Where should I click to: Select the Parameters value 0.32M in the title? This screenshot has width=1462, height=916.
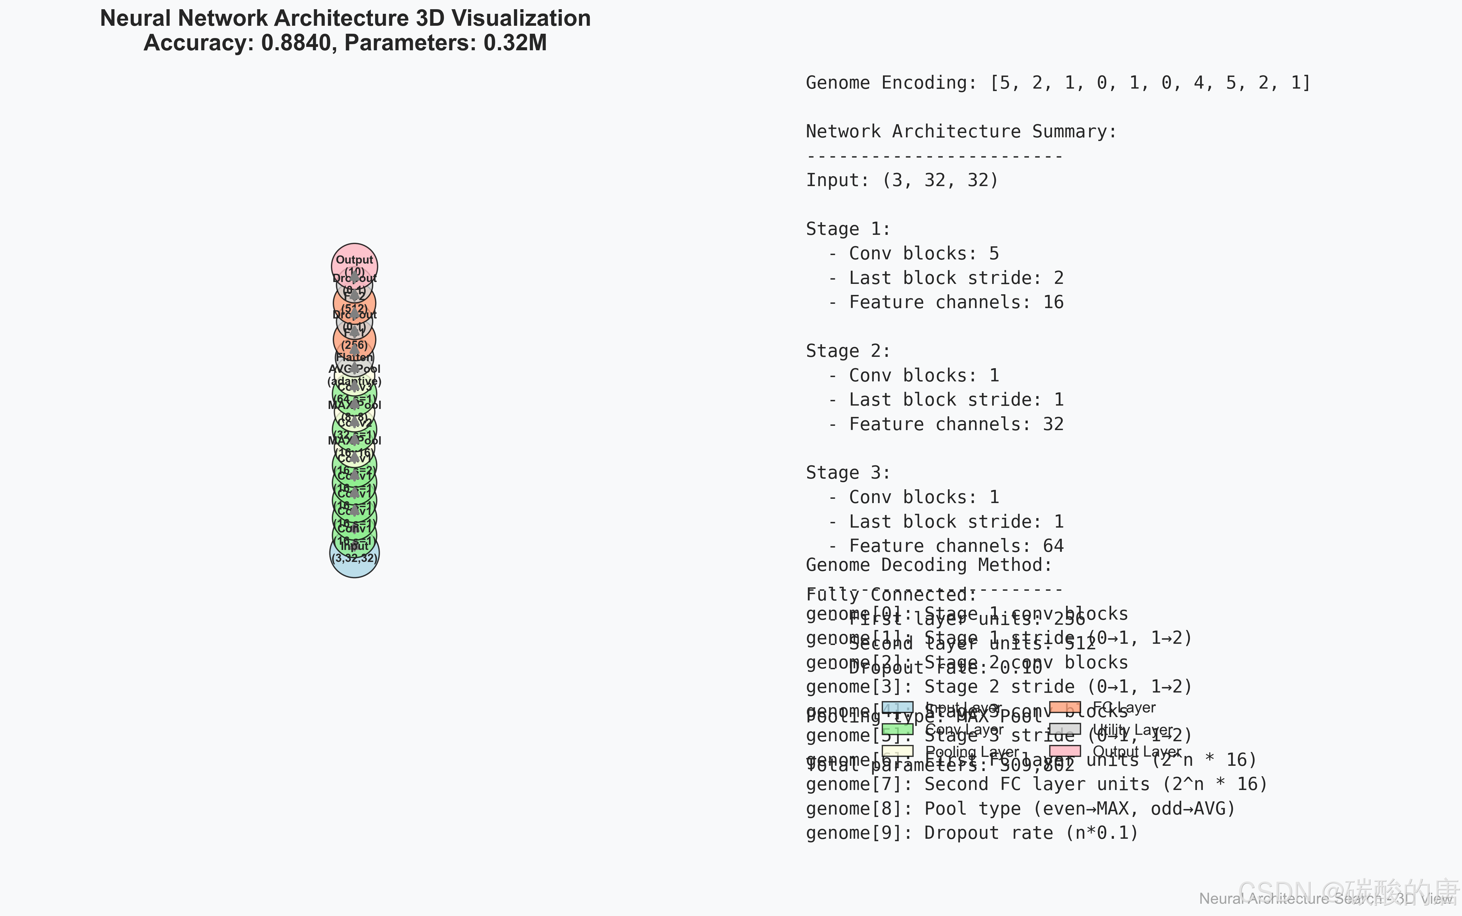tap(515, 43)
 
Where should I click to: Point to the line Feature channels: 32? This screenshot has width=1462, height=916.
tap(956, 424)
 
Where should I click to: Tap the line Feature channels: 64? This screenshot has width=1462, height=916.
tap(956, 546)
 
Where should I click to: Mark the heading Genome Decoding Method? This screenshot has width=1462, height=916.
tap(928, 565)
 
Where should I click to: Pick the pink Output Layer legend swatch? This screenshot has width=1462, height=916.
tap(1065, 751)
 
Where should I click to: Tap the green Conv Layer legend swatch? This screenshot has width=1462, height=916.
tap(897, 729)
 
